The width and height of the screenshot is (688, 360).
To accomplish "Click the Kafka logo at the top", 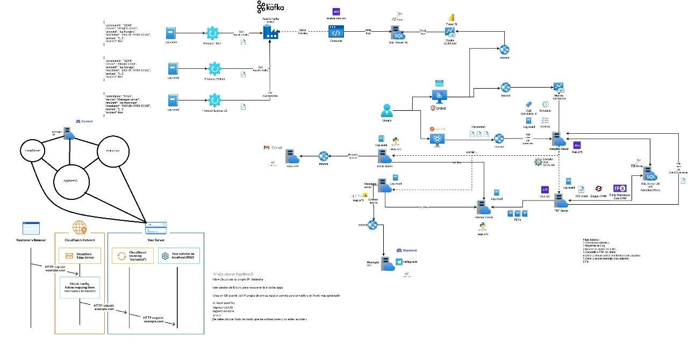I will pyautogui.click(x=270, y=7).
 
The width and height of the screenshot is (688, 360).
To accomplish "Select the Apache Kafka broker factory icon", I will pyautogui.click(x=270, y=32).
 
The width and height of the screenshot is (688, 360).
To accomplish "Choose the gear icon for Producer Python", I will pyautogui.click(x=214, y=69).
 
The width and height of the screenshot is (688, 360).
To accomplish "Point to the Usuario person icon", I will pyautogui.click(x=387, y=110).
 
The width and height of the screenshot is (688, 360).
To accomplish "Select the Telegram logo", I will pyautogui.click(x=399, y=262).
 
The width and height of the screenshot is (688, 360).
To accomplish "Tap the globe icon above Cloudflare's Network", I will pyautogui.click(x=79, y=227).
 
